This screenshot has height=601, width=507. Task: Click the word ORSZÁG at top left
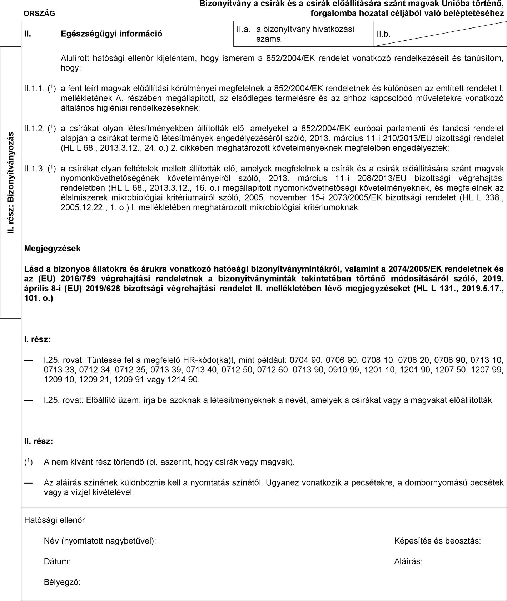pos(39,14)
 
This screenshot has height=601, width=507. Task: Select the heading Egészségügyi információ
pos(111,34)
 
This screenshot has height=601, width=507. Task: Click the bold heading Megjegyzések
pos(53,249)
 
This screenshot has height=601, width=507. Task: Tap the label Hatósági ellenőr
pos(55,520)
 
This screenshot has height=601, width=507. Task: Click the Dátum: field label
pos(57,561)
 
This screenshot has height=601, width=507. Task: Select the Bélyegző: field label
pos(62,582)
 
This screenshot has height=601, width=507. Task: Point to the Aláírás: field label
pos(408,561)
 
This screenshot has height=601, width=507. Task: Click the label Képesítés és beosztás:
pos(437,541)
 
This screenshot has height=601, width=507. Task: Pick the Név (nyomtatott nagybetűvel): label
pos(100,541)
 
